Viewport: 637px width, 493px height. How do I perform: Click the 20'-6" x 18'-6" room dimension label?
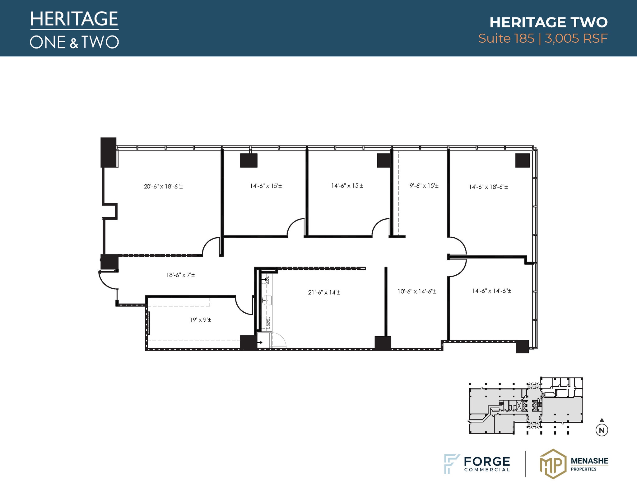(163, 187)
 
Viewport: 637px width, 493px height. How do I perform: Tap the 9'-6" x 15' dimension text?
(424, 186)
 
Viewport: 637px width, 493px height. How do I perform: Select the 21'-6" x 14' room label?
(324, 292)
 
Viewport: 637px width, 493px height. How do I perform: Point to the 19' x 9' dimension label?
(200, 320)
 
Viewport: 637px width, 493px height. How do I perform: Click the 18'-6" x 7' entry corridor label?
(180, 275)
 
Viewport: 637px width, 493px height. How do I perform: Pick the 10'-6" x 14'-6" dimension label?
(417, 292)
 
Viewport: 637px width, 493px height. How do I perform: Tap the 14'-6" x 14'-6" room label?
(491, 291)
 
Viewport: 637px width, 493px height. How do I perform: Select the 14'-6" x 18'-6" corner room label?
(488, 187)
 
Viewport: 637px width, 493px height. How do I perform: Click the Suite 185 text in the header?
(506, 39)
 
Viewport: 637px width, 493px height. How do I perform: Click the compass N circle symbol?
(602, 430)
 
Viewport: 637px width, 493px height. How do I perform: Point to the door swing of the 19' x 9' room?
(244, 307)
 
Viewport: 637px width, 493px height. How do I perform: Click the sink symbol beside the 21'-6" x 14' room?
(267, 300)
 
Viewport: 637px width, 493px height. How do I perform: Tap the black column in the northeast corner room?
(522, 160)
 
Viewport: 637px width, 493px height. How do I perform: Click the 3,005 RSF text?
(576, 39)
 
